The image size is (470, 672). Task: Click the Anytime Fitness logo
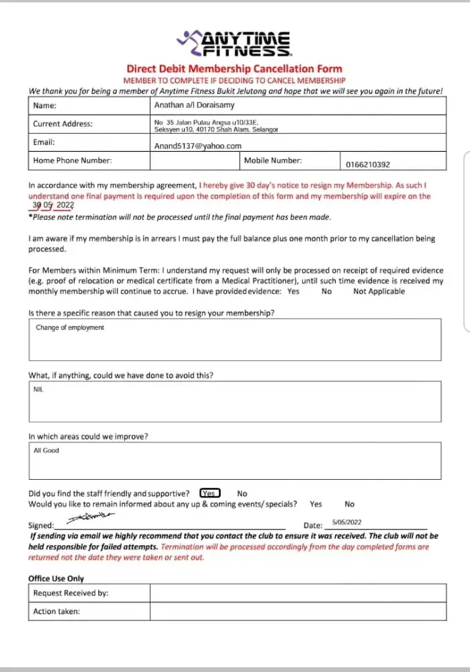tap(234, 44)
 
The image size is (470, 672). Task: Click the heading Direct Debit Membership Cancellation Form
tap(234, 69)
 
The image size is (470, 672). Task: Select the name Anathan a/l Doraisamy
tap(194, 106)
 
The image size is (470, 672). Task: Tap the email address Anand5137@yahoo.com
tap(198, 146)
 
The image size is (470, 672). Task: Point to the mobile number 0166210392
tap(367, 165)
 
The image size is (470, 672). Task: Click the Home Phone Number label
tap(73, 161)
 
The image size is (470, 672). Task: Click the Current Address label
tap(63, 124)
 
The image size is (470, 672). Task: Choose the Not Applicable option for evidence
tap(379, 292)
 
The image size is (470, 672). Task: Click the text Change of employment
tap(70, 328)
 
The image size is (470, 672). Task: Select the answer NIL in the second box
tap(38, 390)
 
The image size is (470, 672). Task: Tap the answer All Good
tap(46, 451)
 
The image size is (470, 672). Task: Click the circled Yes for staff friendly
tap(210, 493)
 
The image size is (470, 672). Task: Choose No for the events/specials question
tap(349, 504)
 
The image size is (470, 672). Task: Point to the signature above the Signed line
tap(91, 517)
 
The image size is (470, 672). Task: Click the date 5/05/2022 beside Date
tap(346, 522)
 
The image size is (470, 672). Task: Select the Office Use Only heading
tap(56, 579)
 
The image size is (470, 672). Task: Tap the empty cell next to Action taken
tap(297, 612)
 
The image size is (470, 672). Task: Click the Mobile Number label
tap(273, 161)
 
